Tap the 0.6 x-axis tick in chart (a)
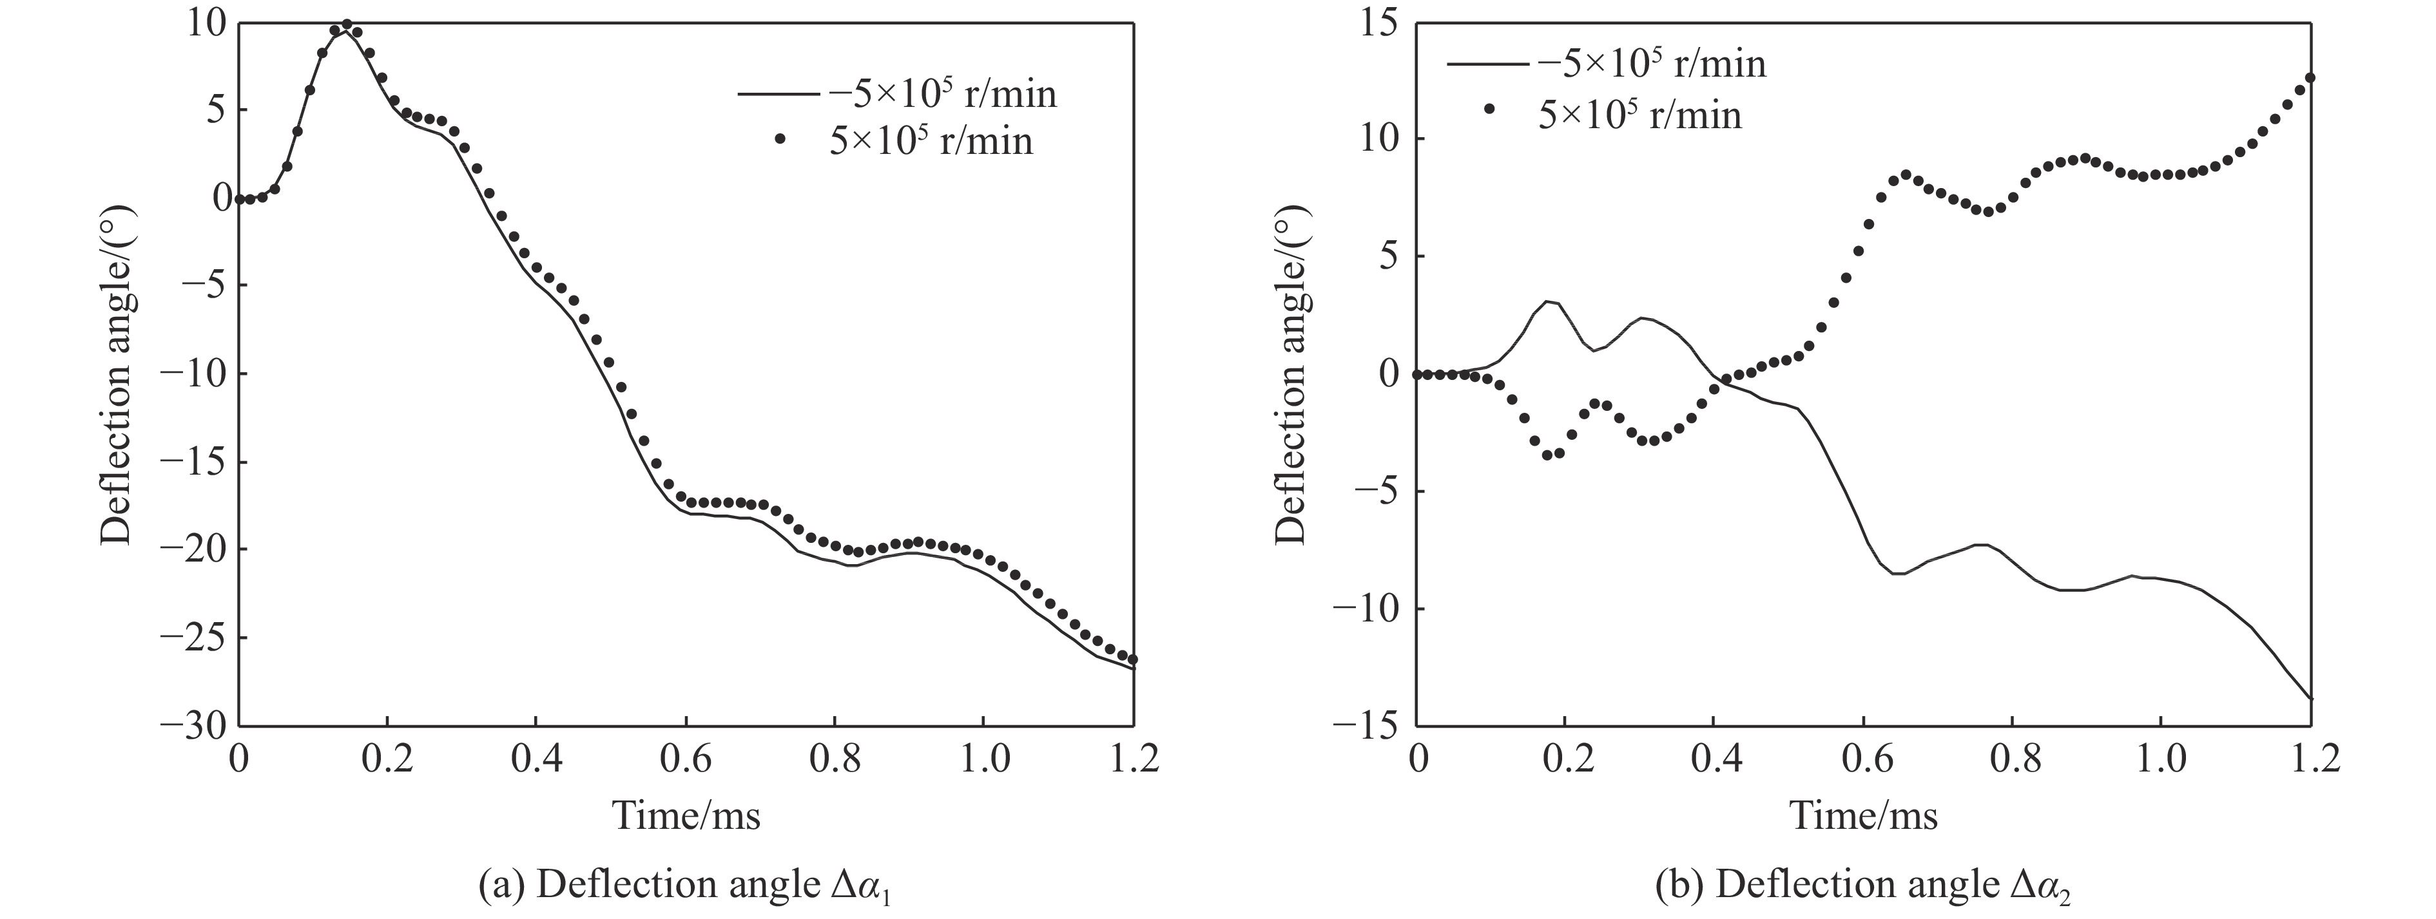pyautogui.click(x=686, y=760)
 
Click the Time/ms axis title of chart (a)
pyautogui.click(x=686, y=815)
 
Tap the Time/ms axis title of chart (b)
pyautogui.click(x=1864, y=815)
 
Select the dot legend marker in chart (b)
pyautogui.click(x=1489, y=109)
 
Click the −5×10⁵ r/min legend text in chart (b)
pyautogui.click(x=1652, y=63)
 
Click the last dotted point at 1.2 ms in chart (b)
pyautogui.click(x=2309, y=77)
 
